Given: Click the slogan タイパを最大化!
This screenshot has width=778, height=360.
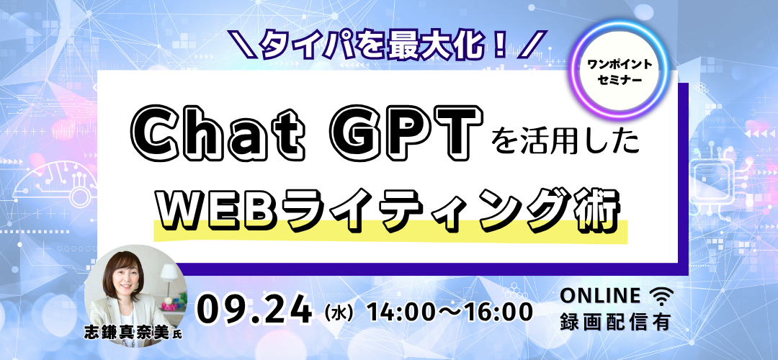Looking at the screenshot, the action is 386,45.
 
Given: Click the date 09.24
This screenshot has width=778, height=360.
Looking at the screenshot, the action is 255,311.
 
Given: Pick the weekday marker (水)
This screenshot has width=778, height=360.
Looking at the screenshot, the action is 339,313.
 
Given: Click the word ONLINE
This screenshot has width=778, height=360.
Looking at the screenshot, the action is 600,295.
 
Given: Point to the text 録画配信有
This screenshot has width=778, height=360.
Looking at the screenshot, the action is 615,323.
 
